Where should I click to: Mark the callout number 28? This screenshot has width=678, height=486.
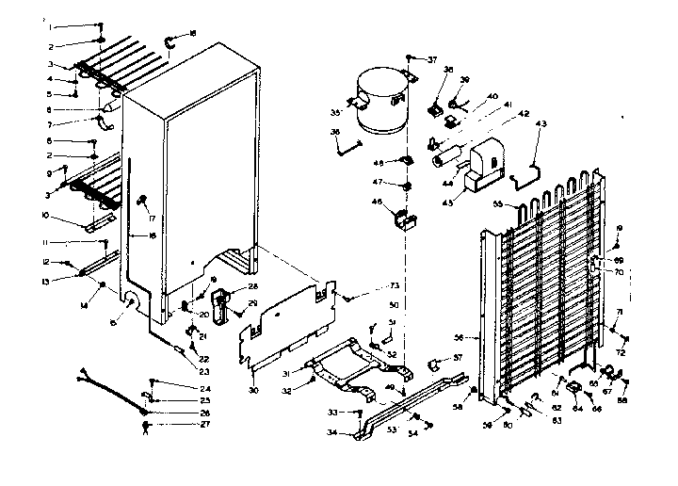(253, 286)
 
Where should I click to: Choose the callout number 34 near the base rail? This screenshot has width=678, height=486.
(333, 432)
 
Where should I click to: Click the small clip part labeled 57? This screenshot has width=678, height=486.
(436, 361)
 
